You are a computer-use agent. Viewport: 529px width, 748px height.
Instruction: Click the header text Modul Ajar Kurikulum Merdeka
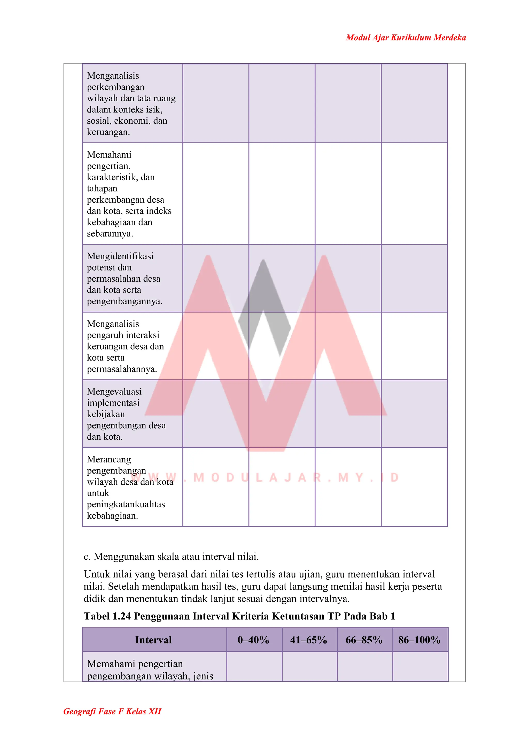coord(406,37)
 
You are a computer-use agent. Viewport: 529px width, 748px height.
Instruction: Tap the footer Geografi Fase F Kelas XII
coord(112,711)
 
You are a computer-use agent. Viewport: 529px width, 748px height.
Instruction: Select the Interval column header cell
coord(153,640)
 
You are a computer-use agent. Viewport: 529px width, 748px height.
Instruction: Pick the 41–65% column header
coord(308,640)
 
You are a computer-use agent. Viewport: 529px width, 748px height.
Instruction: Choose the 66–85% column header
coord(364,640)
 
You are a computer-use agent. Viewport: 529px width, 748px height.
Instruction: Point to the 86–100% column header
coord(419,640)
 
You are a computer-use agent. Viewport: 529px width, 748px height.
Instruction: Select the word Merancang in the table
coord(109,459)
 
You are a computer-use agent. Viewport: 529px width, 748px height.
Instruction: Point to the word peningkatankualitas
coord(126,504)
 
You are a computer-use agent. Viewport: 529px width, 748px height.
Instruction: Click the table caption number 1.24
coord(121,616)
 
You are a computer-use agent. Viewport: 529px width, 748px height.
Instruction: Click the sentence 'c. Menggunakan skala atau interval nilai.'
coord(171,556)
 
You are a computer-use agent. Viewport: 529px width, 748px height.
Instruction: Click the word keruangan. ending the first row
coord(108,132)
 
